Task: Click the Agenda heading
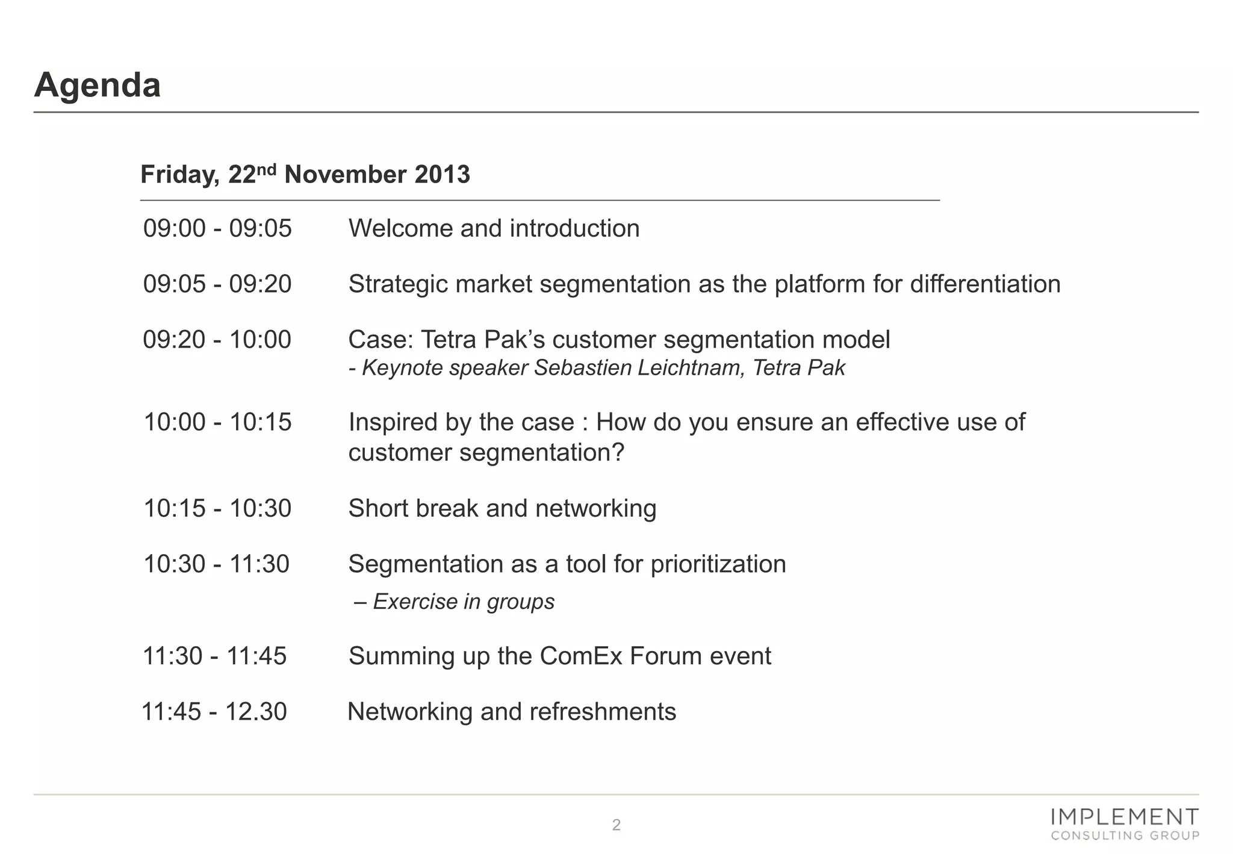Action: point(98,85)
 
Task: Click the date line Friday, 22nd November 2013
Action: point(305,175)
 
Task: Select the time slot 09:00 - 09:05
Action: point(217,229)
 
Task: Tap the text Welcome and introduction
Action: point(494,229)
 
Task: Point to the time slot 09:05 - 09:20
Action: point(217,284)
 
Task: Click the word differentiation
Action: point(985,284)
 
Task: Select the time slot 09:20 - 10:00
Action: point(217,340)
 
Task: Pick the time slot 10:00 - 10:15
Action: point(217,422)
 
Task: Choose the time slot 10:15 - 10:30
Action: point(217,508)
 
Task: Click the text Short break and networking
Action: point(502,508)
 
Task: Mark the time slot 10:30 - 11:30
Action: point(217,564)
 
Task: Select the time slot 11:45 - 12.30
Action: point(214,712)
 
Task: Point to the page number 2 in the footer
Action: point(616,825)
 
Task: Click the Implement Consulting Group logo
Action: point(1124,824)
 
